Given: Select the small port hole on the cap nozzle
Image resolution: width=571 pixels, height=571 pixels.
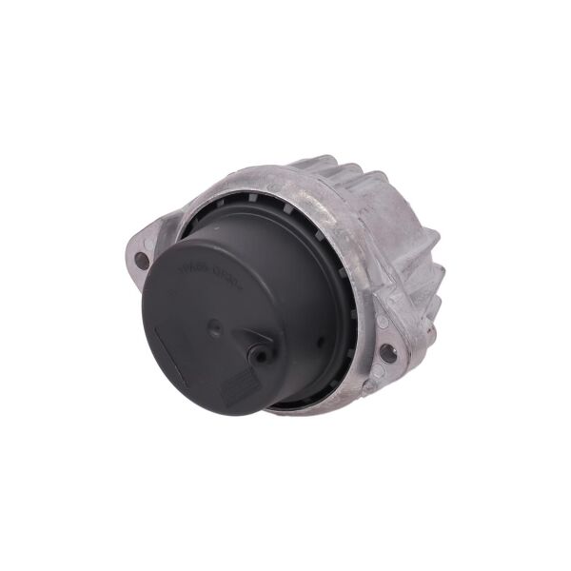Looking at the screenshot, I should pos(257,353).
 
